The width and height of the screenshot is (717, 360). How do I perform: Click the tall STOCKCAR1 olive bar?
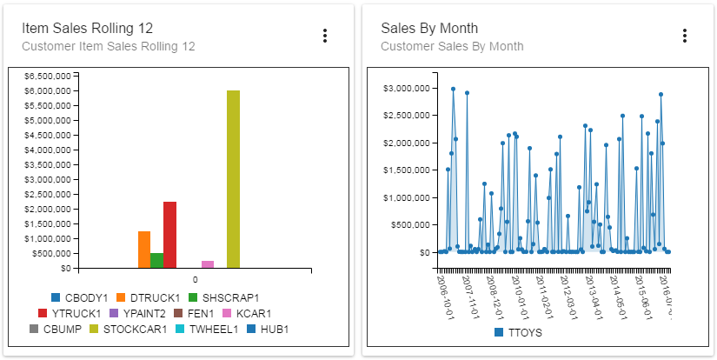click(233, 179)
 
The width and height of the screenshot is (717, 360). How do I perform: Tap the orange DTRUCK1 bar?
click(144, 250)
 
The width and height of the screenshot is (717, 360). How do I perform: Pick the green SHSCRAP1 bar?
click(156, 261)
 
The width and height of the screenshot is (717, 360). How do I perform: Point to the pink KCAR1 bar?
click(208, 264)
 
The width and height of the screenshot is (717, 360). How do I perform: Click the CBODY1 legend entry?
click(79, 297)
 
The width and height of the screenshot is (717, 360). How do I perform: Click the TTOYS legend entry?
click(518, 332)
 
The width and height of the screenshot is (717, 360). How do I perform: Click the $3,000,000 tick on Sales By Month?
click(408, 88)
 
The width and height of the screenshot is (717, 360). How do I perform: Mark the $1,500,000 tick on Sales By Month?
click(408, 170)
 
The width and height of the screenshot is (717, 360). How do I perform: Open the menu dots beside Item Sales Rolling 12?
click(325, 36)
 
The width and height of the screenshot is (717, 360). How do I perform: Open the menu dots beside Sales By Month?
click(685, 36)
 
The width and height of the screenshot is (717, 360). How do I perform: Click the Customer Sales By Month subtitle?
click(452, 46)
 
